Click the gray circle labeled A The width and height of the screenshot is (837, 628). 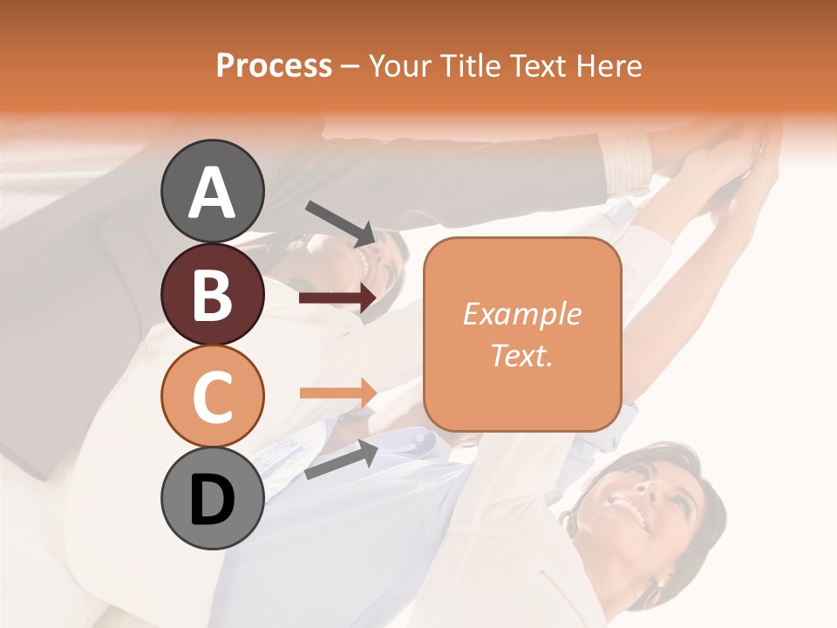[x=213, y=191]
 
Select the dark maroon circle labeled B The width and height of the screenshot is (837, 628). [x=213, y=295]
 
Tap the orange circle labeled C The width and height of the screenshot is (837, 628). [x=213, y=396]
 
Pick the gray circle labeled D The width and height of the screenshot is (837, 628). [x=213, y=498]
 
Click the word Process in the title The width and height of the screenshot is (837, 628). [x=275, y=65]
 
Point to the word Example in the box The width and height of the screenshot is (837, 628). [x=522, y=314]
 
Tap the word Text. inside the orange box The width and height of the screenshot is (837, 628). [x=522, y=355]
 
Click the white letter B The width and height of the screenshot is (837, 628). [x=213, y=295]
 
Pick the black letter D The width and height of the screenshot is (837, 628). [x=213, y=500]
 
